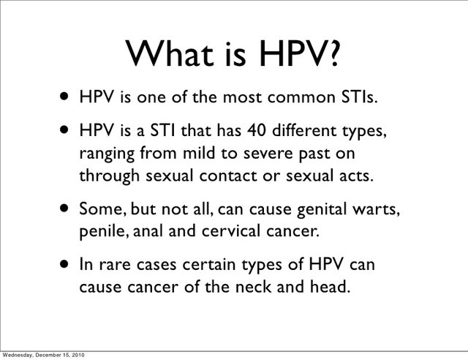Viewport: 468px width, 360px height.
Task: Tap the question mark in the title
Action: pos(333,53)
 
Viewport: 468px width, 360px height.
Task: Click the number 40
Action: pos(256,130)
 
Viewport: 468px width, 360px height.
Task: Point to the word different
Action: pos(304,130)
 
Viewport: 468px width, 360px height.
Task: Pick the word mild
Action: pos(198,153)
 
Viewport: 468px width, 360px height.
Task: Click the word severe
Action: pos(268,154)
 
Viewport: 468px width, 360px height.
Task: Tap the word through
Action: pos(110,176)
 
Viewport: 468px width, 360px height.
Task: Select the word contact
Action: pos(227,176)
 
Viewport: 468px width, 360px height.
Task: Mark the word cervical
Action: pos(230,231)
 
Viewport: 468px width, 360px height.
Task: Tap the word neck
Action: pos(253,287)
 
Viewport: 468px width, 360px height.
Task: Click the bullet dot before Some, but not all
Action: pos(64,208)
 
